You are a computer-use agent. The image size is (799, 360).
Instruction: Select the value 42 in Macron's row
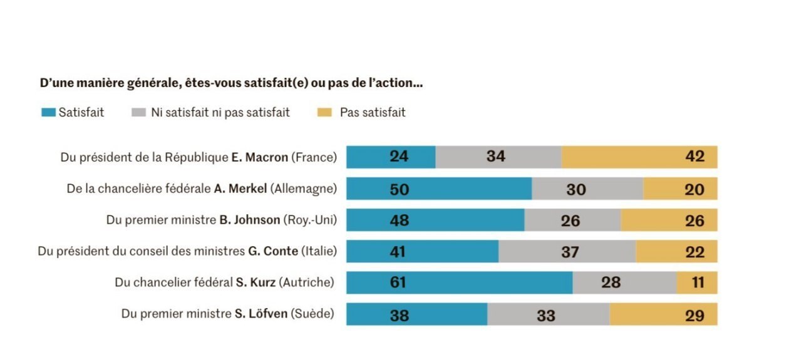(694, 157)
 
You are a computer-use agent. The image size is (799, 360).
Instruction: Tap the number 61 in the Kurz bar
(398, 282)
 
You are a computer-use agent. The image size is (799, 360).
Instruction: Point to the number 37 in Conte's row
(570, 252)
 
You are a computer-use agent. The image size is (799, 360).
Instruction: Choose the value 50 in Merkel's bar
(399, 188)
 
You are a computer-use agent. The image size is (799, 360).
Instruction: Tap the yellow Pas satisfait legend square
(323, 113)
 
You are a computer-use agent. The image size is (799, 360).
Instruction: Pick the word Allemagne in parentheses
(303, 188)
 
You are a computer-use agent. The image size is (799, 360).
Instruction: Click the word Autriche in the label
(307, 282)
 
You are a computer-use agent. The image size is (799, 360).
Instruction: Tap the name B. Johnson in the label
(249, 220)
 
